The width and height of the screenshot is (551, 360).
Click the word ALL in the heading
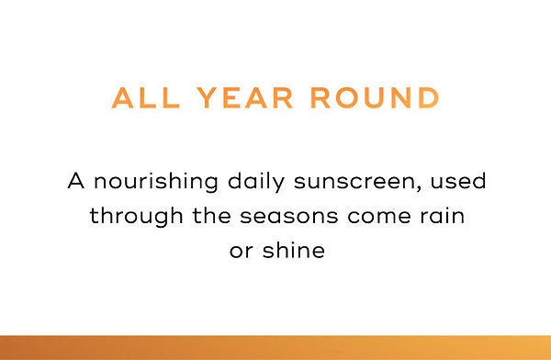[x=146, y=97]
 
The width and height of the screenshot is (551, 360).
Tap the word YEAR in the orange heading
[x=244, y=97]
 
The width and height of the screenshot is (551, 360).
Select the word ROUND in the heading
[x=375, y=97]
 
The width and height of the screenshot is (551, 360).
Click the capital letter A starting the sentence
[x=76, y=181]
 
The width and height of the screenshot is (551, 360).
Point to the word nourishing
[x=156, y=183]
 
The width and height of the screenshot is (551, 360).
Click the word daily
[x=256, y=182]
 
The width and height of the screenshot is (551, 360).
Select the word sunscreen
[x=354, y=182]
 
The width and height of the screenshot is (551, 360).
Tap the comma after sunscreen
[x=418, y=188]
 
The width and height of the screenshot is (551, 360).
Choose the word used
[x=458, y=181]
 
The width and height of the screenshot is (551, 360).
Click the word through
[x=136, y=216]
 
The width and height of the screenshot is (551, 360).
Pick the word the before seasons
[x=211, y=215]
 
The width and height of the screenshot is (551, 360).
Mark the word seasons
[x=289, y=216]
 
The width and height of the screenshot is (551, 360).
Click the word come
[x=379, y=216]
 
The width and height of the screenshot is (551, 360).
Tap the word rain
[x=443, y=215]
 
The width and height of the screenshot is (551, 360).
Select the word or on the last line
[x=241, y=251]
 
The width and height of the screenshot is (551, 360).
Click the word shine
[x=294, y=250]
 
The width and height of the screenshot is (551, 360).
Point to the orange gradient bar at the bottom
[x=275, y=348]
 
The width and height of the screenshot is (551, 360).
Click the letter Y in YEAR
[x=208, y=97]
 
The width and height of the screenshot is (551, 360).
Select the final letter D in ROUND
[x=429, y=97]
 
